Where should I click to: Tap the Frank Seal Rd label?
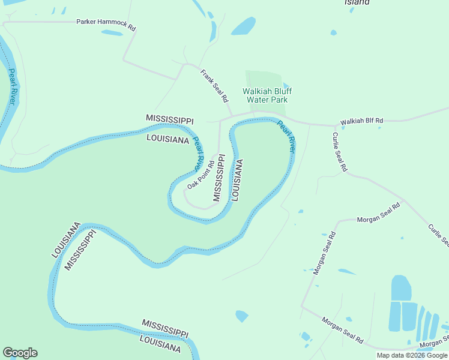click(x=214, y=85)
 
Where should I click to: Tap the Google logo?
click(x=20, y=353)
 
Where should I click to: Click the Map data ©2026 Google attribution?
click(x=412, y=355)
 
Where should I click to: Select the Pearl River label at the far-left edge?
click(x=11, y=87)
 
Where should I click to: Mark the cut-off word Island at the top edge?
click(x=357, y=2)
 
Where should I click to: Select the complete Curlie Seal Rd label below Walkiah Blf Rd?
click(x=340, y=152)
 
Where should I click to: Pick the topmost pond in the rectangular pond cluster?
click(x=401, y=287)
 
